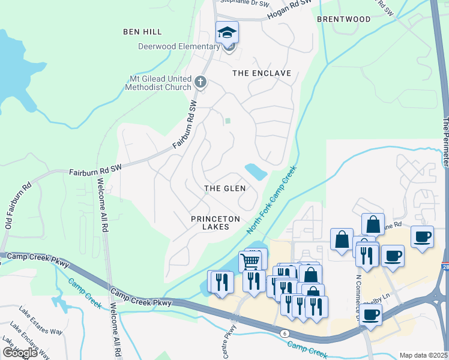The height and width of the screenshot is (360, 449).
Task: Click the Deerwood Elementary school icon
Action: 228,32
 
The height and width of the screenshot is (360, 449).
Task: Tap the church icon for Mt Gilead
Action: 200,81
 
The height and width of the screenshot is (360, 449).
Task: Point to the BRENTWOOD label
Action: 344,19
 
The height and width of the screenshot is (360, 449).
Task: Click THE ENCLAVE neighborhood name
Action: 262,73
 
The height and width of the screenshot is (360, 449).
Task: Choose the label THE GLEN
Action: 225,188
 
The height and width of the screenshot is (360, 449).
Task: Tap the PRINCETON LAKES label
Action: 215,223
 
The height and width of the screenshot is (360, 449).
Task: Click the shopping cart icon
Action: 250,261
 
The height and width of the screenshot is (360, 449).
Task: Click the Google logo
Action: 20,353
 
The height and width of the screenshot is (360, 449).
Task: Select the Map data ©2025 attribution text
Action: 423,355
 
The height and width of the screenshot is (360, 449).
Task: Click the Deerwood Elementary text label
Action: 179,47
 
